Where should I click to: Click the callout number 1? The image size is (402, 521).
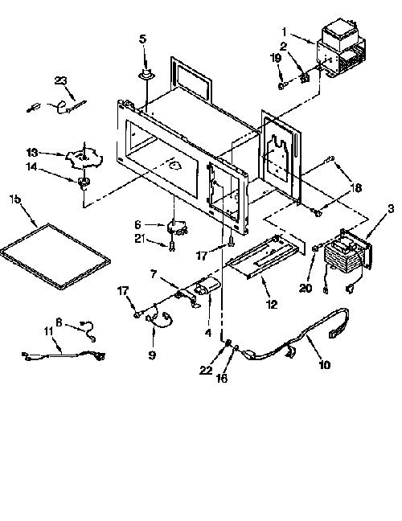tap(284, 32)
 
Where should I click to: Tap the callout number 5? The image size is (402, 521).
tap(142, 39)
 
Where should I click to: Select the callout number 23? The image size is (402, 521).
tap(61, 80)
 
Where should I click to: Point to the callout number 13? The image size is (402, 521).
tap(32, 153)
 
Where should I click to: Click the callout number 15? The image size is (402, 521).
tap(15, 199)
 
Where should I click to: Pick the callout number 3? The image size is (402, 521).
tap(391, 209)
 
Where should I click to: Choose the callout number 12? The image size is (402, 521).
tap(272, 304)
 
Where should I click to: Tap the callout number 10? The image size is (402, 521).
tap(325, 364)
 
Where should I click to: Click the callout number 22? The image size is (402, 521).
tap(206, 370)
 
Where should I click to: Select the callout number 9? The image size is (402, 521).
tap(152, 355)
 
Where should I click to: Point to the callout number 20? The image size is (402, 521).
tap(306, 288)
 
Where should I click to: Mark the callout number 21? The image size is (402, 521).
tap(140, 238)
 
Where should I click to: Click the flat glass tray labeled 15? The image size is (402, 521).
tap(55, 256)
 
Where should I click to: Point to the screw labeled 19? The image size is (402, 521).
tap(281, 86)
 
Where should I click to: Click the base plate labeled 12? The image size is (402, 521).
tap(265, 255)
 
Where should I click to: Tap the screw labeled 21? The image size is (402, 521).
tap(171, 246)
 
